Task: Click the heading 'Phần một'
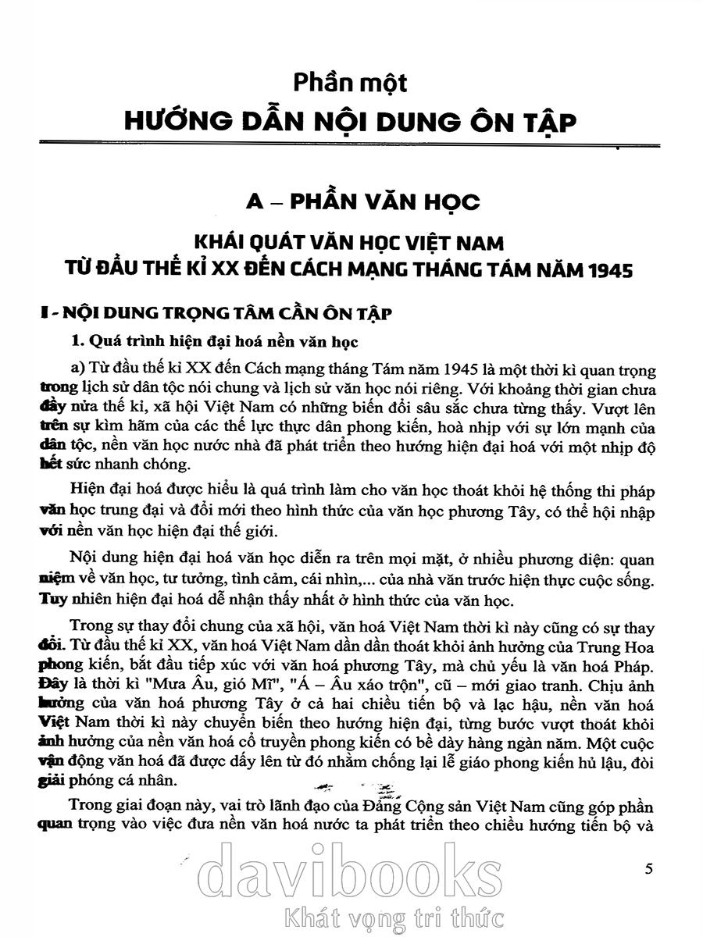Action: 351,84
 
